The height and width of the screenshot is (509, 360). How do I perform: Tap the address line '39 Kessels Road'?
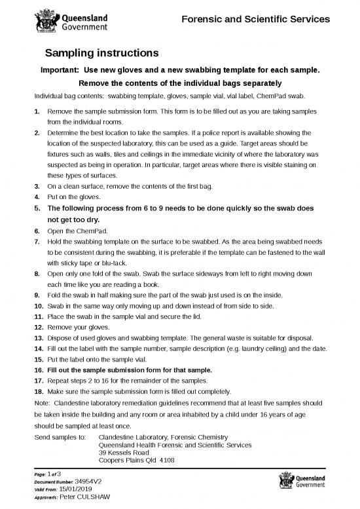coord(126,452)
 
